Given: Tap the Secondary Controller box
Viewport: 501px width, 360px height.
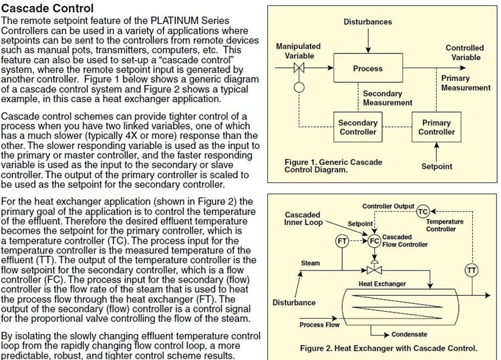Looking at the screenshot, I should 358,128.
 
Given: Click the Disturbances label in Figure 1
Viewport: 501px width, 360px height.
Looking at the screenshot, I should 367,22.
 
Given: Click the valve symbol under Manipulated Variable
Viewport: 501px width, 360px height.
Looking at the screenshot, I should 300,68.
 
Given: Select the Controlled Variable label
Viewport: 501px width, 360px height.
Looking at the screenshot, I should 465,53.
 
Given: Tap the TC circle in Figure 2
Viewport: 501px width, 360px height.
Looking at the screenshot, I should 422,211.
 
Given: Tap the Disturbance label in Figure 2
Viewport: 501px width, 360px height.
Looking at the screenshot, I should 294,303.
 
